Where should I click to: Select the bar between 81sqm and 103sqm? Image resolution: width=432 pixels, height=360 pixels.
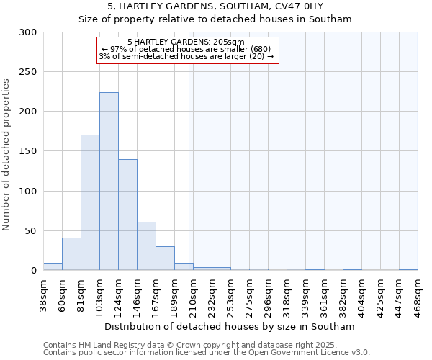[90, 202]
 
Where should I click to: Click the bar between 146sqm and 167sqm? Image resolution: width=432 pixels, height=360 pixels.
[146, 246]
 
